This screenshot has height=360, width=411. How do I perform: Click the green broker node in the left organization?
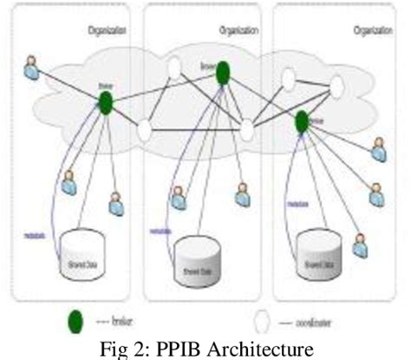point(106,103)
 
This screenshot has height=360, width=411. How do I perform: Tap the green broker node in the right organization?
point(302,121)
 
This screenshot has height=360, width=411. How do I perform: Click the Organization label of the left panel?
point(108,29)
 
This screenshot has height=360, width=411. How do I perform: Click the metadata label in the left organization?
point(36,235)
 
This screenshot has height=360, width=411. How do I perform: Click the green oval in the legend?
point(75,323)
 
